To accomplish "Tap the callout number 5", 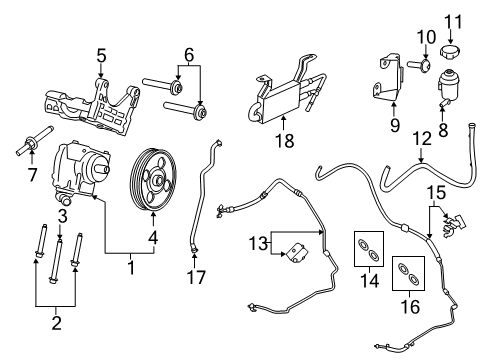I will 100,53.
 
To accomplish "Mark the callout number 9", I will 394,126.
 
